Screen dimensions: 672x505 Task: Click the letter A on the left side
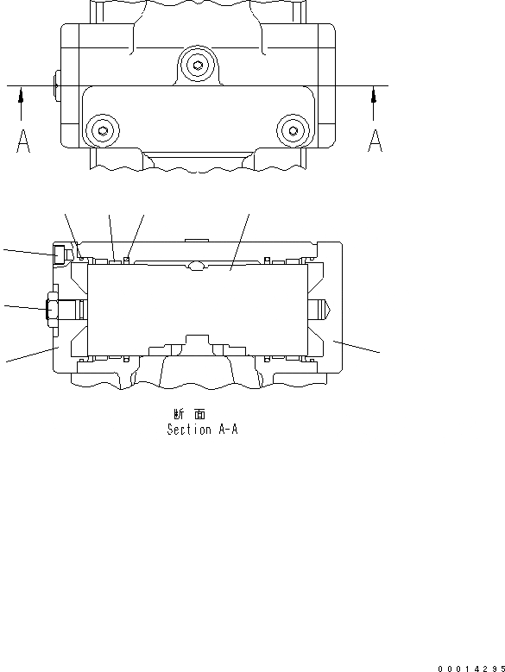(x=23, y=141)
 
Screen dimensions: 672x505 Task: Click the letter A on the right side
(x=375, y=141)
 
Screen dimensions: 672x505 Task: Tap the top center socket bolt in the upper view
(x=199, y=66)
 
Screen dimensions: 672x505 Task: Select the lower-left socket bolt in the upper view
(x=103, y=131)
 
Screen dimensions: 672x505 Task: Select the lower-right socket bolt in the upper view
(x=294, y=131)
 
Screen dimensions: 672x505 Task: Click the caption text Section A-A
(x=202, y=430)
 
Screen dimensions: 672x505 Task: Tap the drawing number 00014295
(x=470, y=667)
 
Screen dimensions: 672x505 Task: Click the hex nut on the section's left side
(x=50, y=308)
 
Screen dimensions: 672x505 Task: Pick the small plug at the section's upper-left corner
(x=60, y=254)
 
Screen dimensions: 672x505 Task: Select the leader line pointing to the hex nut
(x=22, y=306)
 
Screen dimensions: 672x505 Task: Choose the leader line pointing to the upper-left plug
(x=26, y=251)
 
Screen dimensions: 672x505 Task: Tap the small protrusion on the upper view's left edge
(x=55, y=85)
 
